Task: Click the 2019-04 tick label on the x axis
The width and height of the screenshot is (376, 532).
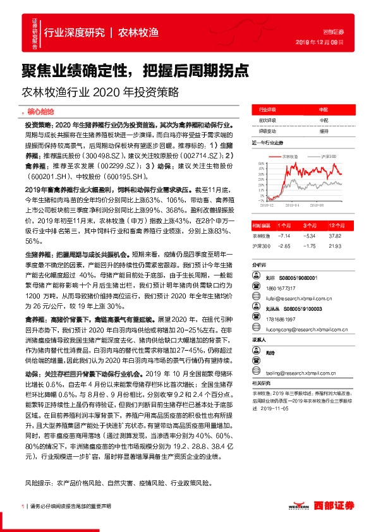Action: point(292,205)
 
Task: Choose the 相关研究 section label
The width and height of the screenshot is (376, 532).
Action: point(262,383)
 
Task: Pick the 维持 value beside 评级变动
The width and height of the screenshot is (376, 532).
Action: point(324,131)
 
